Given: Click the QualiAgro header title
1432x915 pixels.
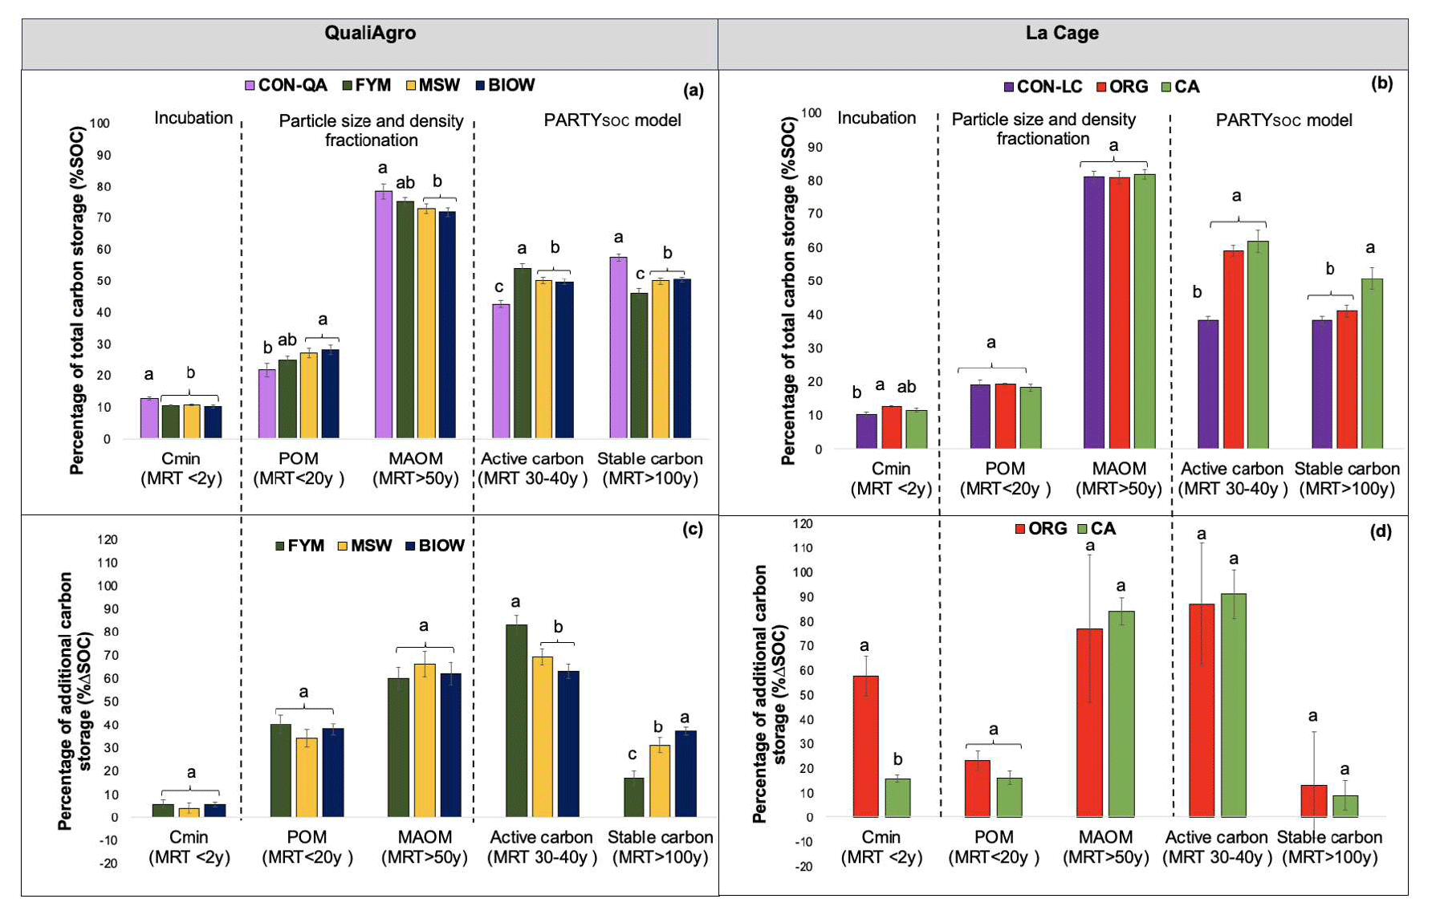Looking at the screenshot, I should coord(370,33).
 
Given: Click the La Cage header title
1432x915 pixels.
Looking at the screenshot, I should coord(1061,33).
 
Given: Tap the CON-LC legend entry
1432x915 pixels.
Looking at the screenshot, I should coord(1043,87).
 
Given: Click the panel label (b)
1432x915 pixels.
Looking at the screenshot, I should coord(1381,83).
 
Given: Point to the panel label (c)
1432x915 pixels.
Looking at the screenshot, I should coord(692,529).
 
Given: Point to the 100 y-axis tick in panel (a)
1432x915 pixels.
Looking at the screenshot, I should coord(100,124).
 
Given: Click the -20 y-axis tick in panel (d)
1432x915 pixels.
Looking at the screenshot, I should coord(803,866).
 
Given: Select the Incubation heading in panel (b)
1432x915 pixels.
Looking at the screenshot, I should coord(876,118).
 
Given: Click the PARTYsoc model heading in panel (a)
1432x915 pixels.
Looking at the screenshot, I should coord(612,120).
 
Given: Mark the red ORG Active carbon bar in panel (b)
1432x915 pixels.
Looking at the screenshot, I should coord(1233,349).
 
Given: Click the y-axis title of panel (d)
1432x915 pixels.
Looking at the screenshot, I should coord(768,694).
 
